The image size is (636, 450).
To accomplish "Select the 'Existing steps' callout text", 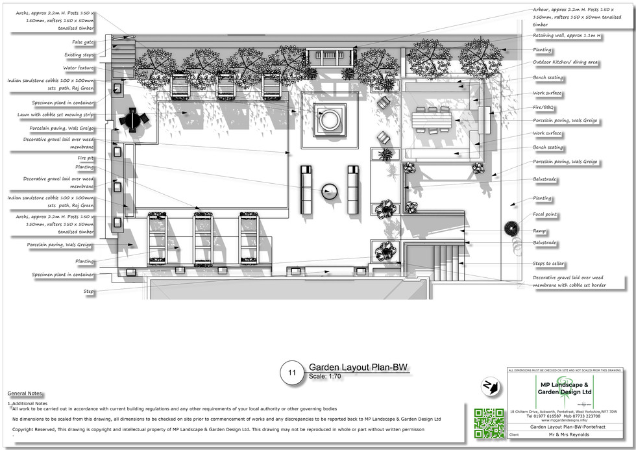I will point(79,55).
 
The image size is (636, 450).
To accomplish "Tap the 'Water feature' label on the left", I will point(79,68).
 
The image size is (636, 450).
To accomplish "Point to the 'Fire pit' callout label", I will point(85,158).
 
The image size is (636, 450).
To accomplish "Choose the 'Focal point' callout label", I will point(545,214).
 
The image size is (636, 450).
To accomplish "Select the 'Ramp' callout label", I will point(540,231).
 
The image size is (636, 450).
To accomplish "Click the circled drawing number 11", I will point(291,373).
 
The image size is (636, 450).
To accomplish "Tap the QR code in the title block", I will point(489,422).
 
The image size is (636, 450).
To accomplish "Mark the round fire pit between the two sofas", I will point(330,191).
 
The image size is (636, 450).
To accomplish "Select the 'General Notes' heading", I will point(25,394).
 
